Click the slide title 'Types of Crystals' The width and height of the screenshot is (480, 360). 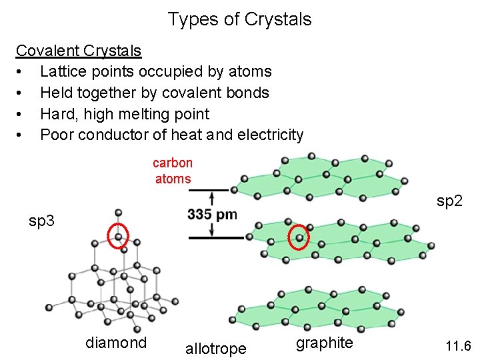click(239, 19)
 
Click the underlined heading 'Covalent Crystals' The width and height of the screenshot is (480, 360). click(79, 51)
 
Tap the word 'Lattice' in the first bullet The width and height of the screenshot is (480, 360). click(64, 71)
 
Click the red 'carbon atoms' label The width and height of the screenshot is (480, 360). click(173, 171)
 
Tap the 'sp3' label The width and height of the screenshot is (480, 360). click(41, 220)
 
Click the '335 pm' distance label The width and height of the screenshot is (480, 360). click(213, 215)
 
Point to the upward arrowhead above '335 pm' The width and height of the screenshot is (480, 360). click(212, 197)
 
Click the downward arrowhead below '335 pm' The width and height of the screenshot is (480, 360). click(212, 231)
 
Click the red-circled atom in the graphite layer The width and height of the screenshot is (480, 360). click(299, 237)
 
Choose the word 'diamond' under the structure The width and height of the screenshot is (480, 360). click(116, 343)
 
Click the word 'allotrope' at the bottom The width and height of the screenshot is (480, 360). click(215, 348)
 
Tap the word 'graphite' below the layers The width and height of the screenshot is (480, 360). click(325, 343)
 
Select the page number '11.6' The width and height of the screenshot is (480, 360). click(459, 346)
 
